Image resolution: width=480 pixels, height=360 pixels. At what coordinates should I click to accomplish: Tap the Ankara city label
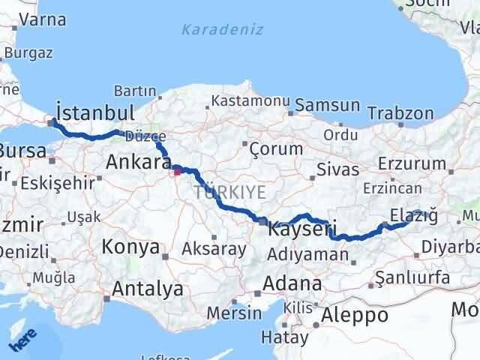137,161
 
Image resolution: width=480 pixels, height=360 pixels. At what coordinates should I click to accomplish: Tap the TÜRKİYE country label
229,192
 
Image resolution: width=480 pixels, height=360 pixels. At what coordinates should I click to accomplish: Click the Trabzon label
400,114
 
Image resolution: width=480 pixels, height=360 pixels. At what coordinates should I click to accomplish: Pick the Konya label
130,247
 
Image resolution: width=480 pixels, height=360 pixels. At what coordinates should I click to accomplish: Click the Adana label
292,284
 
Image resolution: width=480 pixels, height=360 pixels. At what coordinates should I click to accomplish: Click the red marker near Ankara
178,171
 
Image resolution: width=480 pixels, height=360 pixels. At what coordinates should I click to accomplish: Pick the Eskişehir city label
58,183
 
